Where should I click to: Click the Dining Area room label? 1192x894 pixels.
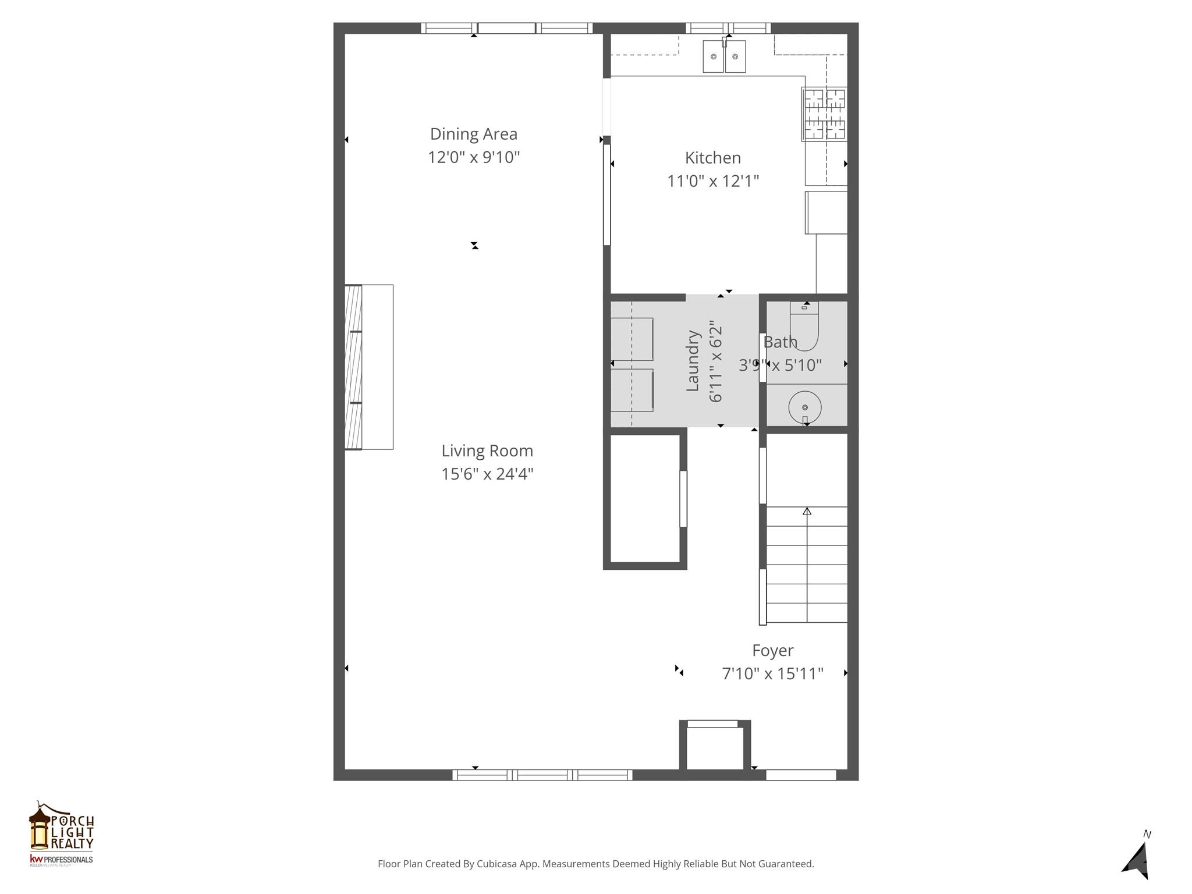(473, 134)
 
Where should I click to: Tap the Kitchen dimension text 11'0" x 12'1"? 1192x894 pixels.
(712, 181)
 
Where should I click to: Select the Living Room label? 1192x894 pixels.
(487, 450)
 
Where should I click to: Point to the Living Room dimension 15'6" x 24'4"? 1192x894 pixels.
(487, 474)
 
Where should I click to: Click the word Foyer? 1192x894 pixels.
(772, 650)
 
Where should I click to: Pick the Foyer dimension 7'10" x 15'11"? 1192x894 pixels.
(772, 673)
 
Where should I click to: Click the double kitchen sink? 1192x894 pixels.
(724, 56)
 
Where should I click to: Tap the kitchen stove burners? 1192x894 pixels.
(824, 114)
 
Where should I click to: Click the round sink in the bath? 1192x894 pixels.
(804, 407)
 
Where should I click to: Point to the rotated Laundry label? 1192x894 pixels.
(692, 361)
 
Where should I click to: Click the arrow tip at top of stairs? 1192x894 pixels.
(807, 511)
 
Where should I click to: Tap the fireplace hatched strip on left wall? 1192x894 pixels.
(353, 367)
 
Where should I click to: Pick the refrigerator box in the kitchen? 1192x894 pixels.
(826, 212)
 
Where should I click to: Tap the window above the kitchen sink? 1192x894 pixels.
(728, 28)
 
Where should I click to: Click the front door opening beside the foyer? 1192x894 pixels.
(800, 775)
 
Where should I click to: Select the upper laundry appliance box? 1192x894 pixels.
(632, 339)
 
